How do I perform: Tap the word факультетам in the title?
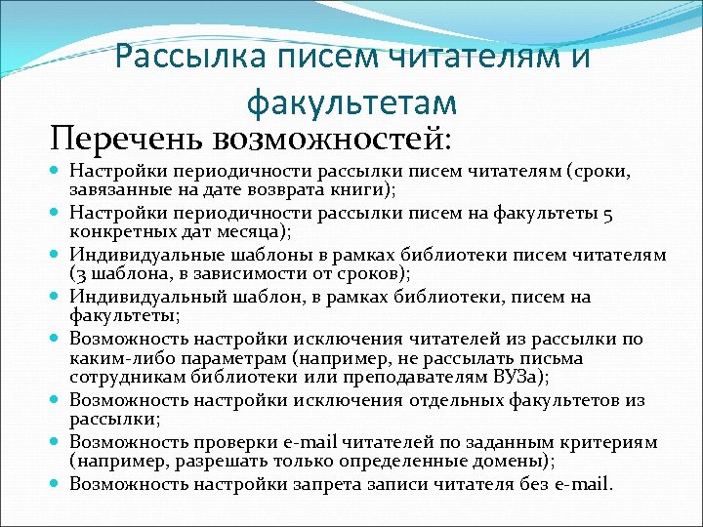pyautogui.click(x=352, y=100)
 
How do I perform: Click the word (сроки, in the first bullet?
pyautogui.click(x=619, y=172)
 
